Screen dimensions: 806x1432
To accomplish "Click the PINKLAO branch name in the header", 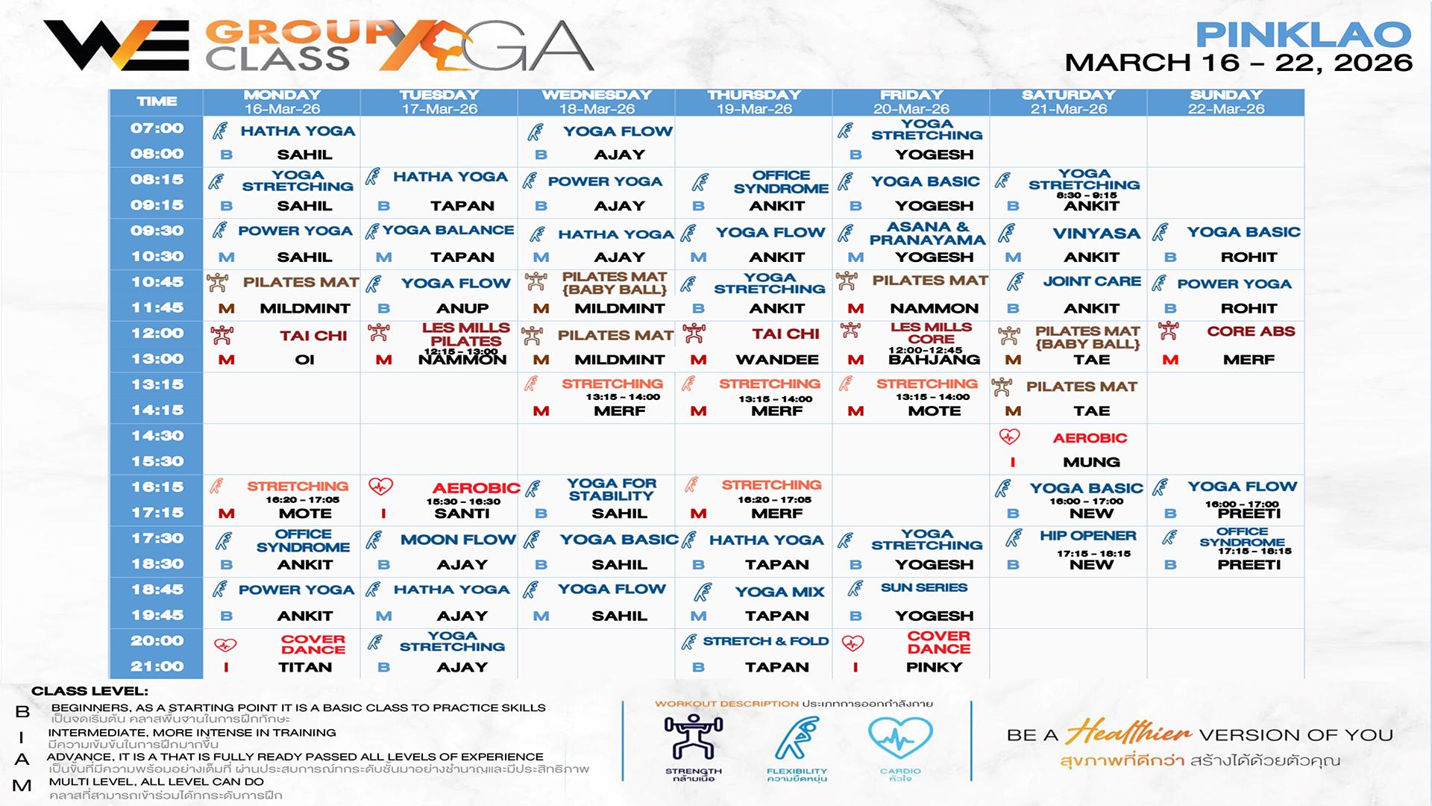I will [x=1303, y=34].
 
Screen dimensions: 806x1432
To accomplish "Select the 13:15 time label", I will [x=157, y=384].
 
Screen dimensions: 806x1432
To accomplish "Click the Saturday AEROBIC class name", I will [x=1090, y=438].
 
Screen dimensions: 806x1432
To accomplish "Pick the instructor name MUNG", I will [x=1091, y=462].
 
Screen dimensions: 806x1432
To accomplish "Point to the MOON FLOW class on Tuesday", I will [x=458, y=540].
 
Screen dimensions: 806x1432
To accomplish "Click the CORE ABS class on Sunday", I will [x=1251, y=331].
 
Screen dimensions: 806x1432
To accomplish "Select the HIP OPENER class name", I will [x=1088, y=536].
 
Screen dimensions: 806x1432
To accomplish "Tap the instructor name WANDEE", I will [x=777, y=360].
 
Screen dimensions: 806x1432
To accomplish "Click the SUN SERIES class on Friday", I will [x=924, y=588].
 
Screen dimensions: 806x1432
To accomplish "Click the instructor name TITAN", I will [x=305, y=667].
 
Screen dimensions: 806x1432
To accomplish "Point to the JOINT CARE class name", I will [x=1092, y=281].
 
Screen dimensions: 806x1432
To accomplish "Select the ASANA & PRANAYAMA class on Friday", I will [x=927, y=233].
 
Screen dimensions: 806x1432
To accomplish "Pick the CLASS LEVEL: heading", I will [x=89, y=691].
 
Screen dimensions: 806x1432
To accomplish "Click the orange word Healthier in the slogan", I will [x=1129, y=732].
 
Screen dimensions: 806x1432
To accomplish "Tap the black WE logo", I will [x=116, y=46].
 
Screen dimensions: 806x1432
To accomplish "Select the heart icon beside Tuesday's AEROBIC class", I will [x=380, y=487].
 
